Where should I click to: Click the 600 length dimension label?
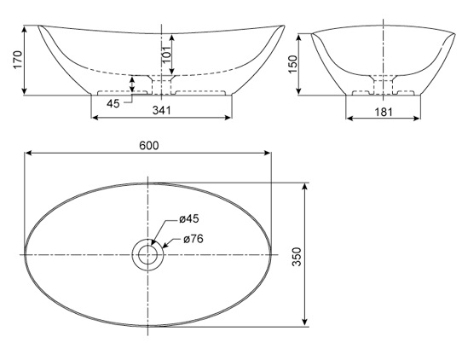[149, 145]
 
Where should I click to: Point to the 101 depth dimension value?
[167, 55]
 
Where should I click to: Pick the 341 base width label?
[160, 108]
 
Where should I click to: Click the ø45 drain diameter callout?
[189, 219]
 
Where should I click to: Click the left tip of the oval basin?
[25, 254]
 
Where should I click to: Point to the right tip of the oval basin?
[272, 254]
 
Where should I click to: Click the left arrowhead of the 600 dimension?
[28, 154]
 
